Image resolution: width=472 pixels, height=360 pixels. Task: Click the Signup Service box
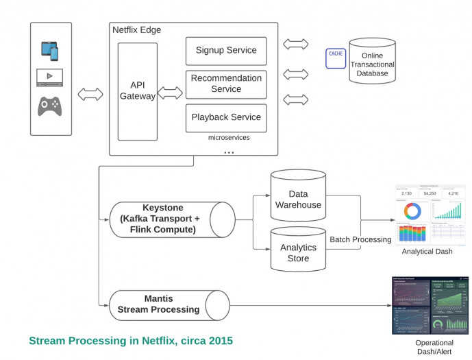[x=226, y=51]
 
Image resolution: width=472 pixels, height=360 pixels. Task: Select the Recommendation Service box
[x=226, y=84]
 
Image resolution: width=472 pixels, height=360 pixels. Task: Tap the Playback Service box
[x=226, y=117]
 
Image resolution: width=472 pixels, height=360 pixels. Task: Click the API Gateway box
[x=138, y=91]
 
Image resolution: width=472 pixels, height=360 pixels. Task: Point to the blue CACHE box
[x=336, y=58]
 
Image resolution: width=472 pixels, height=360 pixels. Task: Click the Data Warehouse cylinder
[x=297, y=195]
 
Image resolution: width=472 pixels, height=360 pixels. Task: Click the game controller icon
[x=50, y=106]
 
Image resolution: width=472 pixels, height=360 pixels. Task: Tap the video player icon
[x=50, y=77]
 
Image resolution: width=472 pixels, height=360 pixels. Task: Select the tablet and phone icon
[x=50, y=50]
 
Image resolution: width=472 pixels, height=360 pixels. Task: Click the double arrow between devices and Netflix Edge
[x=90, y=95]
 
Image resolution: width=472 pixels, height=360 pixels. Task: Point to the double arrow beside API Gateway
[x=171, y=92]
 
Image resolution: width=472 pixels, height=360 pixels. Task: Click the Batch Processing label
[x=360, y=239]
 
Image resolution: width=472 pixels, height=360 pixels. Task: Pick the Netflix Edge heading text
[x=136, y=29]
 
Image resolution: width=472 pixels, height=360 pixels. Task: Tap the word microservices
[x=229, y=137]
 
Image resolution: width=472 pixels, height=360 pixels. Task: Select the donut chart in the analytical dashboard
[x=412, y=210]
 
